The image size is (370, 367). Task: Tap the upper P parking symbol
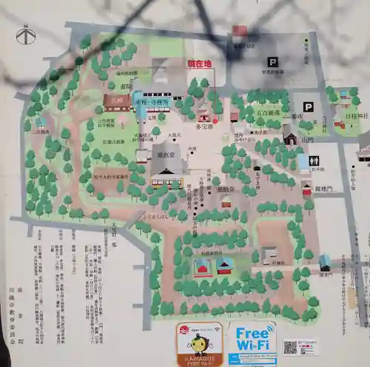[x=272, y=62]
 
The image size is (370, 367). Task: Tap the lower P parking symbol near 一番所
[x=308, y=107]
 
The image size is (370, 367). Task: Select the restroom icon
[x=314, y=161]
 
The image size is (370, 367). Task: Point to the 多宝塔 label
[x=204, y=127]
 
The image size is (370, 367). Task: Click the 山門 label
[x=307, y=138]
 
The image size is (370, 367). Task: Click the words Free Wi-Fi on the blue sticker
[x=252, y=338]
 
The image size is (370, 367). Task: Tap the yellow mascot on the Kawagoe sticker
[x=198, y=346]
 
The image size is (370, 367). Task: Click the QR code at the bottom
[x=290, y=347]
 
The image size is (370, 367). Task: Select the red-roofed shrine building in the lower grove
[x=201, y=267]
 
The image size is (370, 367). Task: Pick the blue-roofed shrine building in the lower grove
[x=225, y=265]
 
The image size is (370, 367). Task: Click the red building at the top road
[x=238, y=32]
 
